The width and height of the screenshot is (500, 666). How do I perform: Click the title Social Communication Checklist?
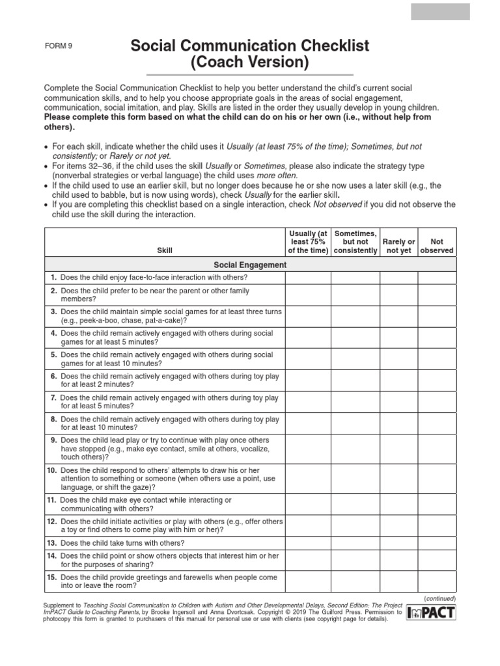click(x=250, y=46)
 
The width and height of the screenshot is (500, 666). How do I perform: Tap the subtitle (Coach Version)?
click(x=250, y=62)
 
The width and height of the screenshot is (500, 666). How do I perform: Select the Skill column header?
click(x=165, y=250)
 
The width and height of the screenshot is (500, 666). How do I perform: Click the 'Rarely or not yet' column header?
click(x=398, y=246)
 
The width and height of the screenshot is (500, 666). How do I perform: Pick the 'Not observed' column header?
click(x=437, y=246)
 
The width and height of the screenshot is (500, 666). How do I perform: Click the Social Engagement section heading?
click(x=250, y=265)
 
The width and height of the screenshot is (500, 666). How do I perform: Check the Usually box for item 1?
click(x=307, y=278)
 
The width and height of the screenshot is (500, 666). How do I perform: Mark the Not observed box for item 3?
click(x=437, y=316)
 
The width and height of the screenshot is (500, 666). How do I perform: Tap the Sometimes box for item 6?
click(x=355, y=380)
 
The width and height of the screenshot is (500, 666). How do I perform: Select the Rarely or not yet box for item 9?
click(x=398, y=448)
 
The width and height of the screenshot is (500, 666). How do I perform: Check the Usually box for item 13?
click(x=307, y=542)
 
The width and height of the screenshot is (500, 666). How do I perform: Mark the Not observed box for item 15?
click(x=437, y=581)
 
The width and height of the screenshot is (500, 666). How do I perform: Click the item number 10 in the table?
click(x=51, y=470)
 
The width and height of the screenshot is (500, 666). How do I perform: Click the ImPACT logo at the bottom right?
click(x=432, y=613)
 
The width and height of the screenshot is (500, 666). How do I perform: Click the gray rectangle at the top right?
click(x=440, y=12)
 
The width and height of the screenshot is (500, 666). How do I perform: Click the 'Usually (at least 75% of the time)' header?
click(x=307, y=241)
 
